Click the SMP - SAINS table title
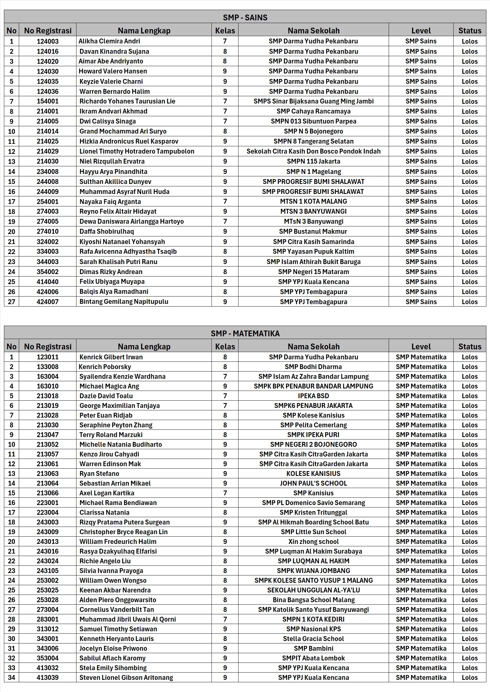click(x=245, y=18)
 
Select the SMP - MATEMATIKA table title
click(x=245, y=334)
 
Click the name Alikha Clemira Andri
click(x=109, y=41)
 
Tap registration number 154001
click(x=48, y=101)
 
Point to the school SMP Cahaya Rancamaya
click(x=313, y=111)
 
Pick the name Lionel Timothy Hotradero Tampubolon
click(x=137, y=151)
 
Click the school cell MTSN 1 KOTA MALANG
click(x=313, y=202)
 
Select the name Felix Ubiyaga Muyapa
click(x=112, y=282)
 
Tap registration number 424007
click(x=48, y=302)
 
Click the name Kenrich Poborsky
click(x=105, y=367)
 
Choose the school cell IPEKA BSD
click(x=313, y=396)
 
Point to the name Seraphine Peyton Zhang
click(x=116, y=425)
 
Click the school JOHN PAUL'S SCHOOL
click(x=313, y=483)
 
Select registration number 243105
click(x=48, y=571)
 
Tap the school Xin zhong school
click(x=313, y=542)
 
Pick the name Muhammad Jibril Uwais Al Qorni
click(x=128, y=619)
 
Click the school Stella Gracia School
click(x=313, y=639)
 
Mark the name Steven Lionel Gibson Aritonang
click(x=126, y=678)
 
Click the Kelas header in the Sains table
click(x=225, y=31)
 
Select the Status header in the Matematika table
click(x=470, y=347)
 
